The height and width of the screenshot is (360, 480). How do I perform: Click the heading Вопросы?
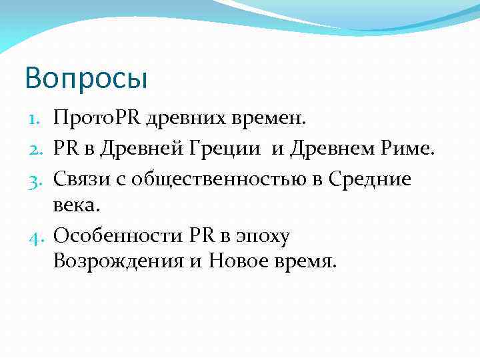tap(85, 79)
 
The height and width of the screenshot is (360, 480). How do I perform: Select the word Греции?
tap(233, 149)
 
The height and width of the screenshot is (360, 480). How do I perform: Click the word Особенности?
tap(117, 235)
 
